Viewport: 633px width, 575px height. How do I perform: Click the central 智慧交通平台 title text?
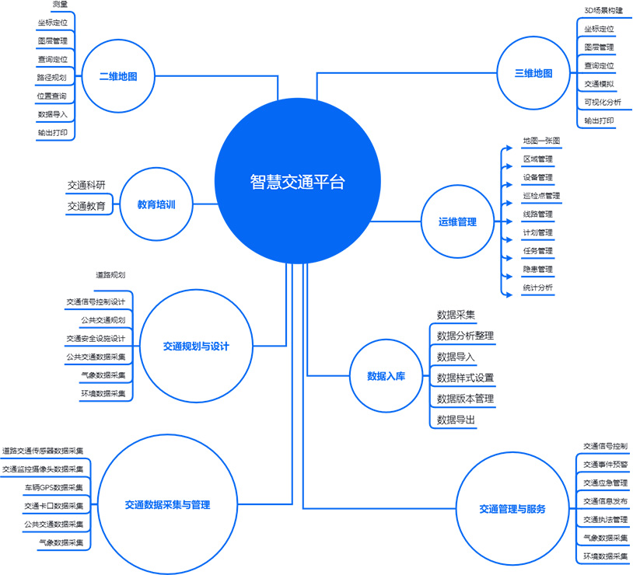[x=298, y=182]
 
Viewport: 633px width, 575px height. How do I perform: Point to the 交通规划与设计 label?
[x=196, y=347]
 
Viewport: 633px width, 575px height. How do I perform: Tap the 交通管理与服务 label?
[x=512, y=509]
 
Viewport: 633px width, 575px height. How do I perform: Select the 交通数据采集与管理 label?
[x=167, y=505]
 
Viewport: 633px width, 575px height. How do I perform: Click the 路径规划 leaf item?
[x=51, y=78]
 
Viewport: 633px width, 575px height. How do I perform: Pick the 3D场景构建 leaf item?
[x=603, y=11]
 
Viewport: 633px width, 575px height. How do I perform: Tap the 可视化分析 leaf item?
[x=603, y=102]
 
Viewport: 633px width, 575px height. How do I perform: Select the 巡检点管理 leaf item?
[x=541, y=196]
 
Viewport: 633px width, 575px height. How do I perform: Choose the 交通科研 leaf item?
[x=86, y=185]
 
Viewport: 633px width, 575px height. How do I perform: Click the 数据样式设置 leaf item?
[x=465, y=378]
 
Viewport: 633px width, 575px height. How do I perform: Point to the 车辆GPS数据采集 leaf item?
[x=54, y=487]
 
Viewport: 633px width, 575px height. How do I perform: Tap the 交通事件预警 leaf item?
[x=606, y=465]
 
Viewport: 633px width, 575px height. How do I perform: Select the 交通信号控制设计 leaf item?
[x=96, y=301]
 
